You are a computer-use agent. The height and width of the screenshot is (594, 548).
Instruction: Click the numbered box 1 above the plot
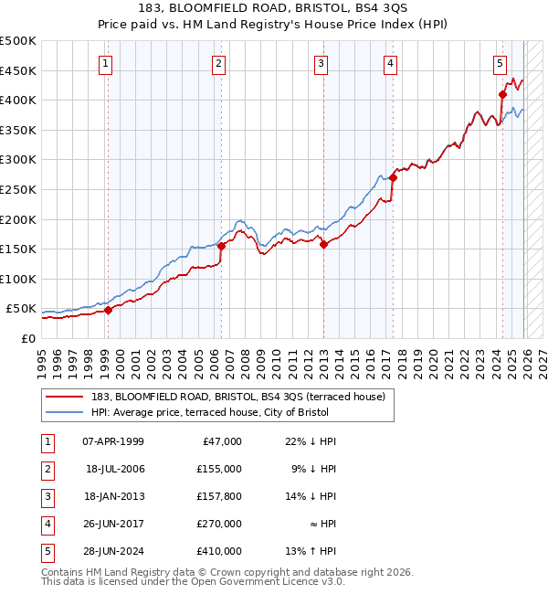pos(107,63)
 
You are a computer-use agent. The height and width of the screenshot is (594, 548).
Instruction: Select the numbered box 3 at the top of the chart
pos(321,63)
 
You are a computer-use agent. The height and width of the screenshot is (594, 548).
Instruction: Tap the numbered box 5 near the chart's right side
pos(501,63)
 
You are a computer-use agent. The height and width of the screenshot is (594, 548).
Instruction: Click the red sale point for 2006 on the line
pos(221,247)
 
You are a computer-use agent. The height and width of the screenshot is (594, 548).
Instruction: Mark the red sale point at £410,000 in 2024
pos(502,94)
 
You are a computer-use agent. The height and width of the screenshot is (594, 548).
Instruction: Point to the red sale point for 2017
pos(392,178)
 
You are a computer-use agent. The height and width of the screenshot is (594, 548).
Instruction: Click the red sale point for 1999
pos(108,310)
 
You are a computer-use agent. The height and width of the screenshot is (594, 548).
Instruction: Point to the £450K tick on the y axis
pos(17,70)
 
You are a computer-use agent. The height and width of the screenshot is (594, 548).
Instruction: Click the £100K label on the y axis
pos(17,279)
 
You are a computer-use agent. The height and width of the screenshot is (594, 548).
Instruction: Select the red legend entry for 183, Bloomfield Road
pos(238,396)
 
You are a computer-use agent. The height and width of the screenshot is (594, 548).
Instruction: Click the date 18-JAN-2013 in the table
pos(113,497)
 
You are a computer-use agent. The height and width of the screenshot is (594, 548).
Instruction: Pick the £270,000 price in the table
pos(218,525)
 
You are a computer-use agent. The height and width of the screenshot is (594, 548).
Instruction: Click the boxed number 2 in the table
pos(48,469)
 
